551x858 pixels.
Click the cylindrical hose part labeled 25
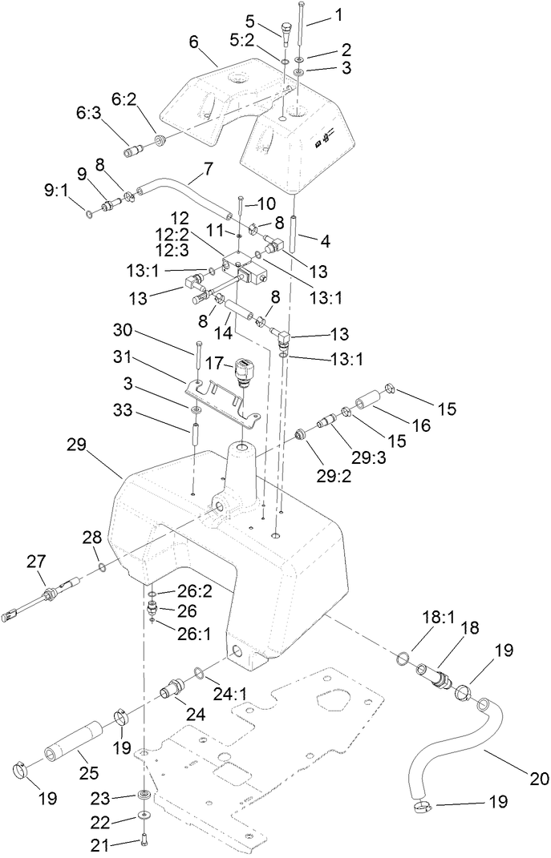[x=76, y=737]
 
